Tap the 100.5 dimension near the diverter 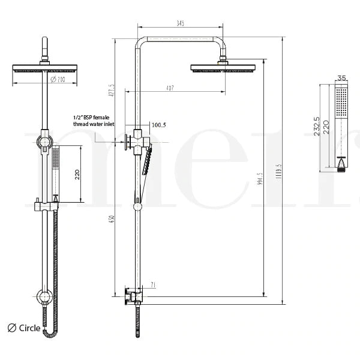click(x=159, y=125)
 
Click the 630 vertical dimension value click(x=111, y=220)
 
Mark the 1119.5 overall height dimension click(x=278, y=170)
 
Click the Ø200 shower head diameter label click(x=58, y=79)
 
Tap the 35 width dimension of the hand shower click(x=342, y=78)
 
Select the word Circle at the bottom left click(x=29, y=328)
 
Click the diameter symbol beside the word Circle click(x=11, y=328)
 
